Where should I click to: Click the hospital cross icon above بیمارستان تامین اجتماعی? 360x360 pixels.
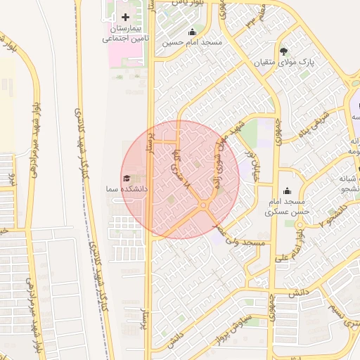(126, 17)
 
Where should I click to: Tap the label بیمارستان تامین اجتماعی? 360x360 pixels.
(125, 34)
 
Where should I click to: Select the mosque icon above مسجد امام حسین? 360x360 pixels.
(192, 32)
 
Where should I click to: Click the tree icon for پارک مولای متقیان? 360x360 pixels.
(284, 51)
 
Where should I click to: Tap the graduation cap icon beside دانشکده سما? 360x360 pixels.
(127, 179)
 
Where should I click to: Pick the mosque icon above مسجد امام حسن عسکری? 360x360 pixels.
(286, 191)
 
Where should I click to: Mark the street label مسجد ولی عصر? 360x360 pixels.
(243, 238)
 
